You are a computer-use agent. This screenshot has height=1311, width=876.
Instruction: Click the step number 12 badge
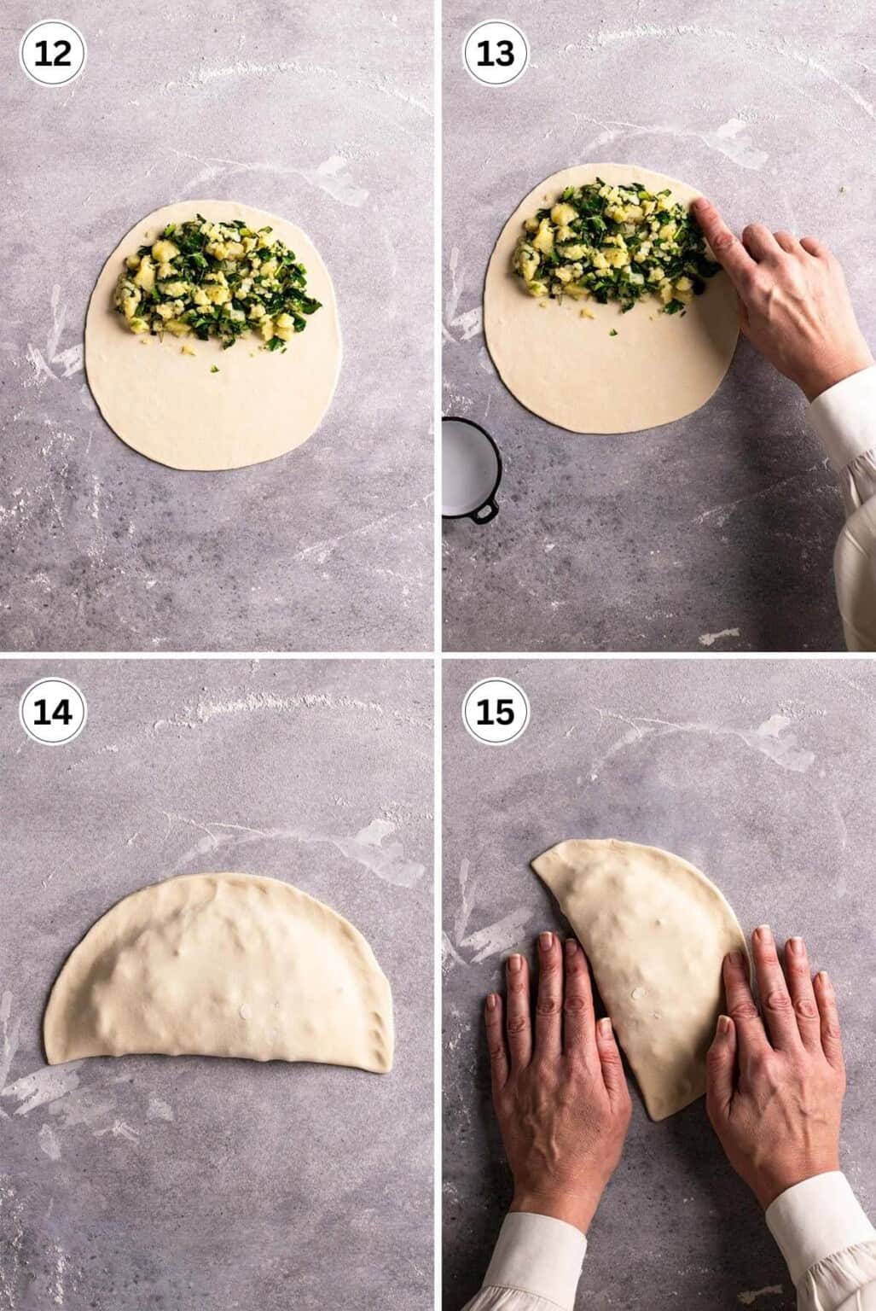[x=53, y=53]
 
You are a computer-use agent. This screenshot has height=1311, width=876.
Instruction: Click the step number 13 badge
[x=495, y=53]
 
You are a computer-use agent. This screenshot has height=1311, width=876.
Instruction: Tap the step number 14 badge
[x=53, y=711]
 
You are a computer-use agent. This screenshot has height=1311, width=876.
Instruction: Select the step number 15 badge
[x=495, y=711]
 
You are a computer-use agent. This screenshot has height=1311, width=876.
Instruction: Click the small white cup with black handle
[x=465, y=465]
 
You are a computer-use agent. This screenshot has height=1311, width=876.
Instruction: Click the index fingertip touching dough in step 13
[x=697, y=209]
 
